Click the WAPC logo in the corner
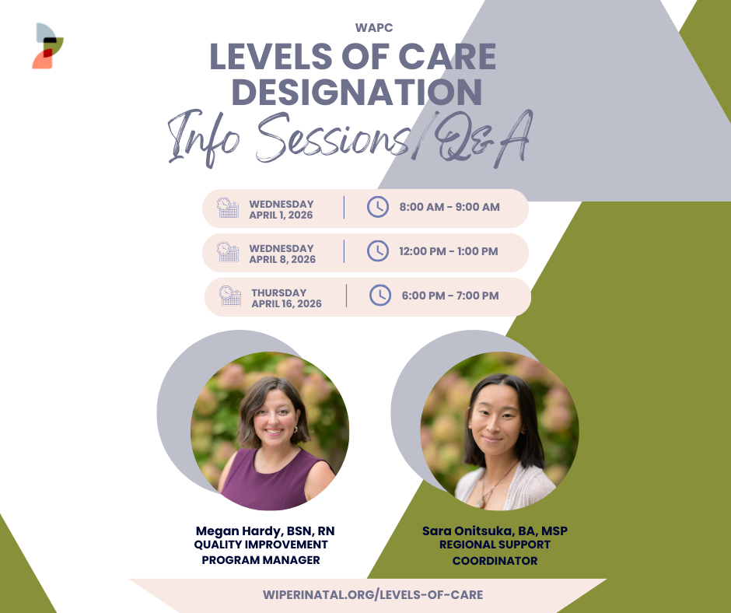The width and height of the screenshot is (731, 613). (x=47, y=46)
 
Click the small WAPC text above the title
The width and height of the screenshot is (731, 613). (x=374, y=28)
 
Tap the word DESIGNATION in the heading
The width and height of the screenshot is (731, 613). (x=357, y=92)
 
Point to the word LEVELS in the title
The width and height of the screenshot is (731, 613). (x=271, y=57)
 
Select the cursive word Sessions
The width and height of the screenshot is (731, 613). (x=332, y=138)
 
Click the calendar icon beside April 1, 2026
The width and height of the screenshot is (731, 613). (x=228, y=208)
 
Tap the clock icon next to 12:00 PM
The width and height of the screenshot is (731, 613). (x=378, y=251)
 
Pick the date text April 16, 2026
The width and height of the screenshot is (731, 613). (x=287, y=303)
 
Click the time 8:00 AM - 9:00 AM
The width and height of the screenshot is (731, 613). (x=449, y=207)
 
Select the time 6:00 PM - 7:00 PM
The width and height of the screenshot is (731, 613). (x=450, y=296)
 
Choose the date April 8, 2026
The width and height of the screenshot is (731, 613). (x=282, y=259)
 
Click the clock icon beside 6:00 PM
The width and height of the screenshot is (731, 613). (x=380, y=296)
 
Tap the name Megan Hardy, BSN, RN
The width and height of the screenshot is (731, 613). (x=265, y=531)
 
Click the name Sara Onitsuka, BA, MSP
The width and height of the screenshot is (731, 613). (x=495, y=531)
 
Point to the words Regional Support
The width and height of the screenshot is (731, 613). (x=495, y=545)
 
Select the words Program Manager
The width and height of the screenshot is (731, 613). (x=261, y=560)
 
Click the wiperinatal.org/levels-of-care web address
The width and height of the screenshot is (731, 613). (x=373, y=595)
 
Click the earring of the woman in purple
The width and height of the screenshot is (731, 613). (x=295, y=429)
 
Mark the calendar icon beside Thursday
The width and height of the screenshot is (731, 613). (x=230, y=296)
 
